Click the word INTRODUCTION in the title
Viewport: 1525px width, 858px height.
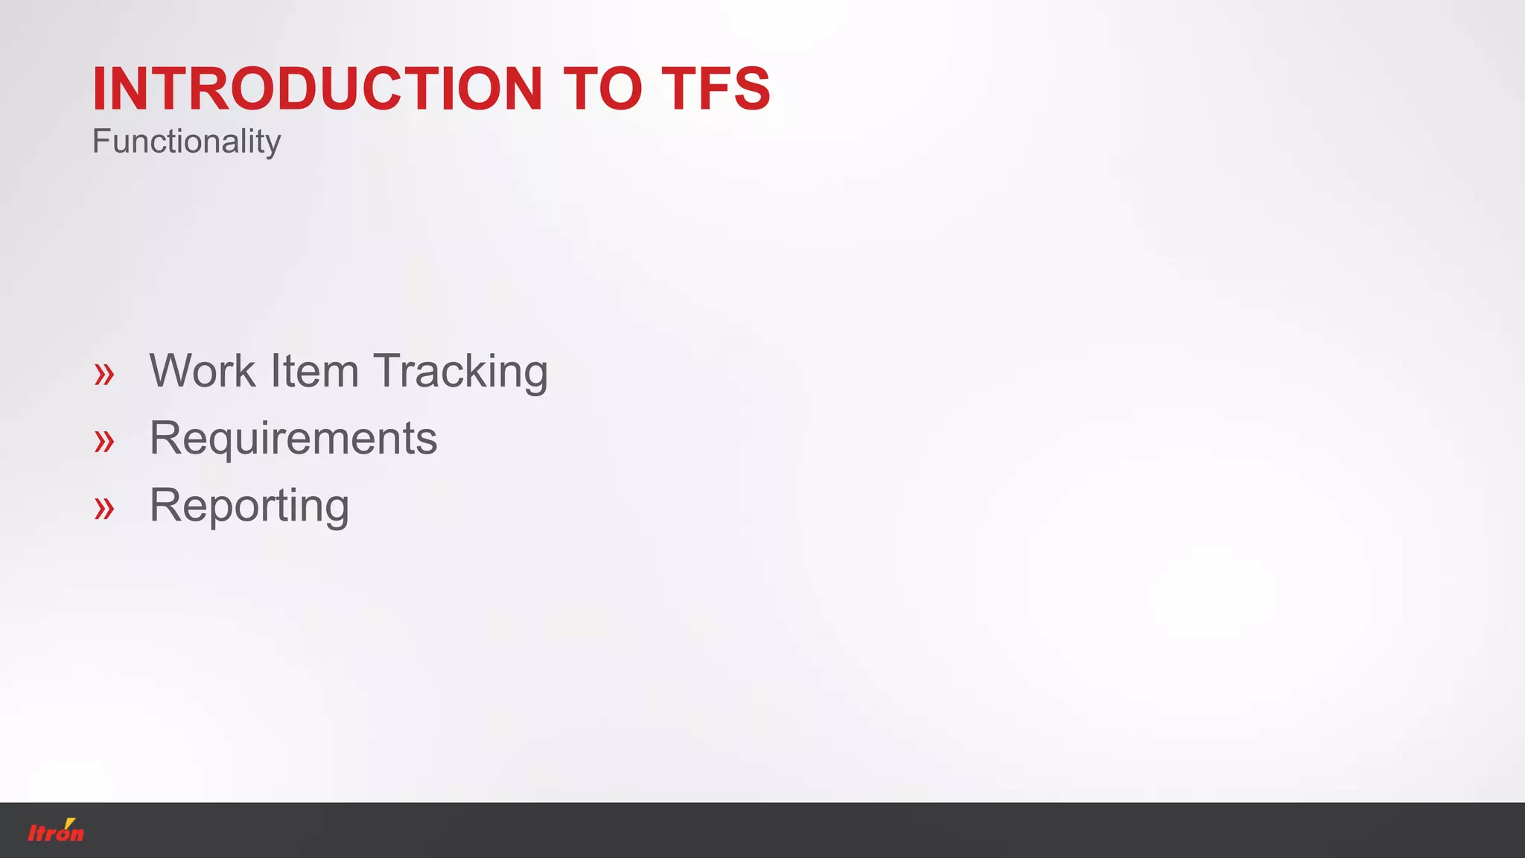point(317,89)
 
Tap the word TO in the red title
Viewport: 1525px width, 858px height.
point(602,89)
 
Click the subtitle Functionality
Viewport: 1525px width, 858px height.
point(186,142)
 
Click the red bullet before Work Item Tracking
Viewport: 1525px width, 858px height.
point(104,374)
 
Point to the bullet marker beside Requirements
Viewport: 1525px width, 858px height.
point(104,441)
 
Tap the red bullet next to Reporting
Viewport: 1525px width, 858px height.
point(104,509)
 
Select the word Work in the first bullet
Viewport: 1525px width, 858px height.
point(203,371)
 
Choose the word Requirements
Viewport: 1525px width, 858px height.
point(293,439)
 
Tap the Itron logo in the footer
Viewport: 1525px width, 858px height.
point(56,830)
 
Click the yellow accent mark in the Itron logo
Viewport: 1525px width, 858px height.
point(70,822)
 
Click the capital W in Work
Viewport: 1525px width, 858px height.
point(173,371)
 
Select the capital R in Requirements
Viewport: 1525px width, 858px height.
point(165,438)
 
